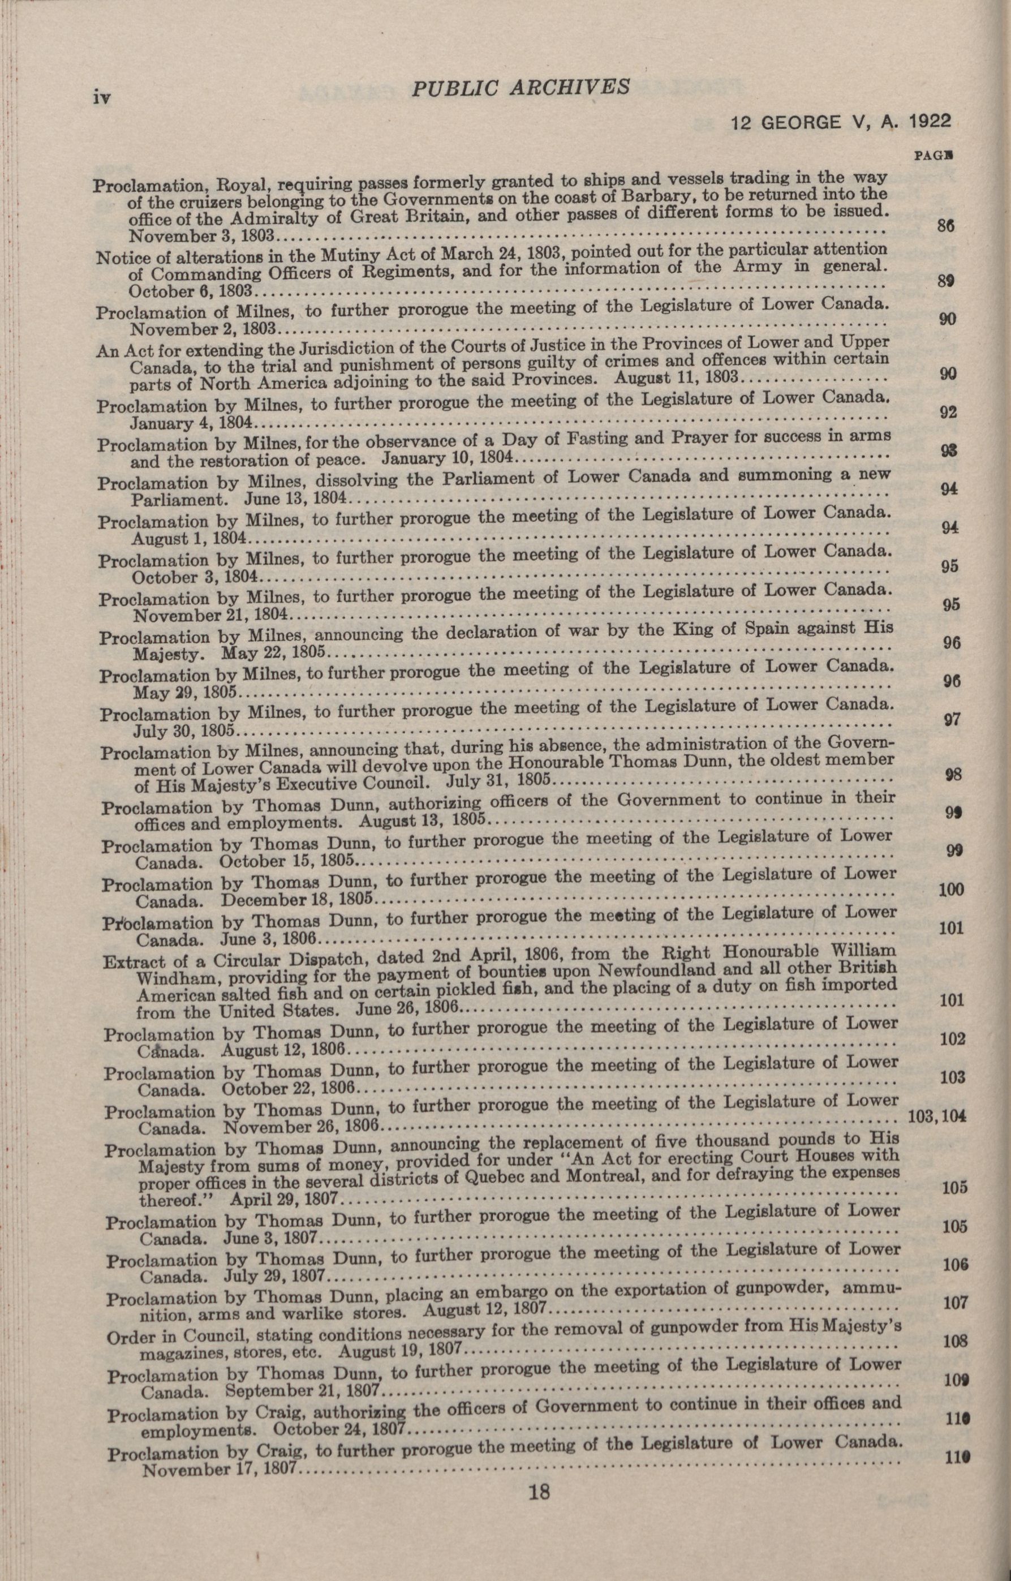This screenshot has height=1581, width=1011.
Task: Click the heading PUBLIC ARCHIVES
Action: (520, 88)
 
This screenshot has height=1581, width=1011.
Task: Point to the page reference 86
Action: (945, 226)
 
